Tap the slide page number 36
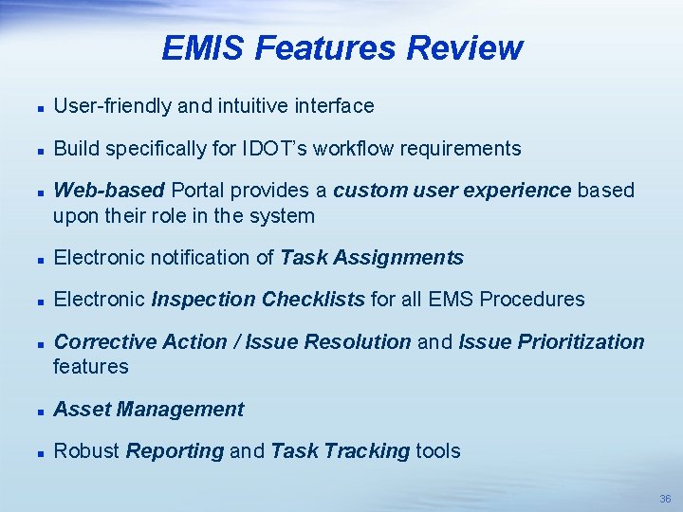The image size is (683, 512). tap(665, 499)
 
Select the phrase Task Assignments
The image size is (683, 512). tap(372, 258)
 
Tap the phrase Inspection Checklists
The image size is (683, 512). tap(258, 300)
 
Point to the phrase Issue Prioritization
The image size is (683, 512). tap(550, 341)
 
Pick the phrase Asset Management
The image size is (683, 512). tap(149, 410)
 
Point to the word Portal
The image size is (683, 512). tap(196, 190)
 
